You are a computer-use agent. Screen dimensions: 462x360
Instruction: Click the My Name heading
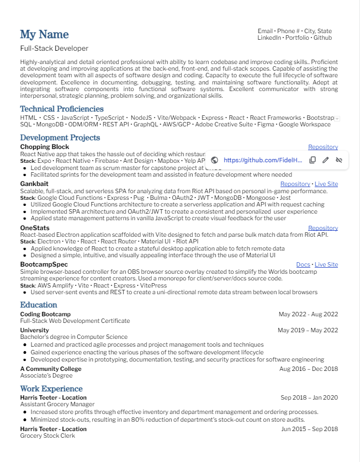coord(44,35)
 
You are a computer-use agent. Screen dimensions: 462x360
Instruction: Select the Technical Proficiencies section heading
coord(62,109)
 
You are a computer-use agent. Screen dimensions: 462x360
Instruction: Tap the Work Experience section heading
coord(51,389)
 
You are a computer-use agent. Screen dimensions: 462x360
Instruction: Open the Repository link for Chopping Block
coord(323,147)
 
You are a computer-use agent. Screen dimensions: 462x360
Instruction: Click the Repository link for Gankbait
coord(295,184)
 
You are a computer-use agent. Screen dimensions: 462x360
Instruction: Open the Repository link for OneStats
coord(323,228)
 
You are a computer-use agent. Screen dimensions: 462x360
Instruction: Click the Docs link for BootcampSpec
coord(303,265)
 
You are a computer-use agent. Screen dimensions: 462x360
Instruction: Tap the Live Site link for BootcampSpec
coord(326,265)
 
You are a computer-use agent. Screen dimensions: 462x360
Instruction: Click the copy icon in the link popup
coord(312,160)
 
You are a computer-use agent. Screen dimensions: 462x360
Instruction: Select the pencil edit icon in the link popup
coord(326,160)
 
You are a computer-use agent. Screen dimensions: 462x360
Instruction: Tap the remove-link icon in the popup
coord(339,160)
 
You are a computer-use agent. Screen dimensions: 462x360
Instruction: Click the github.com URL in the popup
coord(263,160)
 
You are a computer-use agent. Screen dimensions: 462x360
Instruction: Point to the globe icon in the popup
coord(215,160)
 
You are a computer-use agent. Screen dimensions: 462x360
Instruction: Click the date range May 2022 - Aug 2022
coord(308,314)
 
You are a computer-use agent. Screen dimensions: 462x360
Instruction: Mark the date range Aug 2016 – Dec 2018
coord(309,369)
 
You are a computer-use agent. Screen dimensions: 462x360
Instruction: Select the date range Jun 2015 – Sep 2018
coord(309,429)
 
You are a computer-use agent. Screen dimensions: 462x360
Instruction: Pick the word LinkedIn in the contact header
coord(269,38)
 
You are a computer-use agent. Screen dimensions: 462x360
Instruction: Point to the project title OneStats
coord(35,228)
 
